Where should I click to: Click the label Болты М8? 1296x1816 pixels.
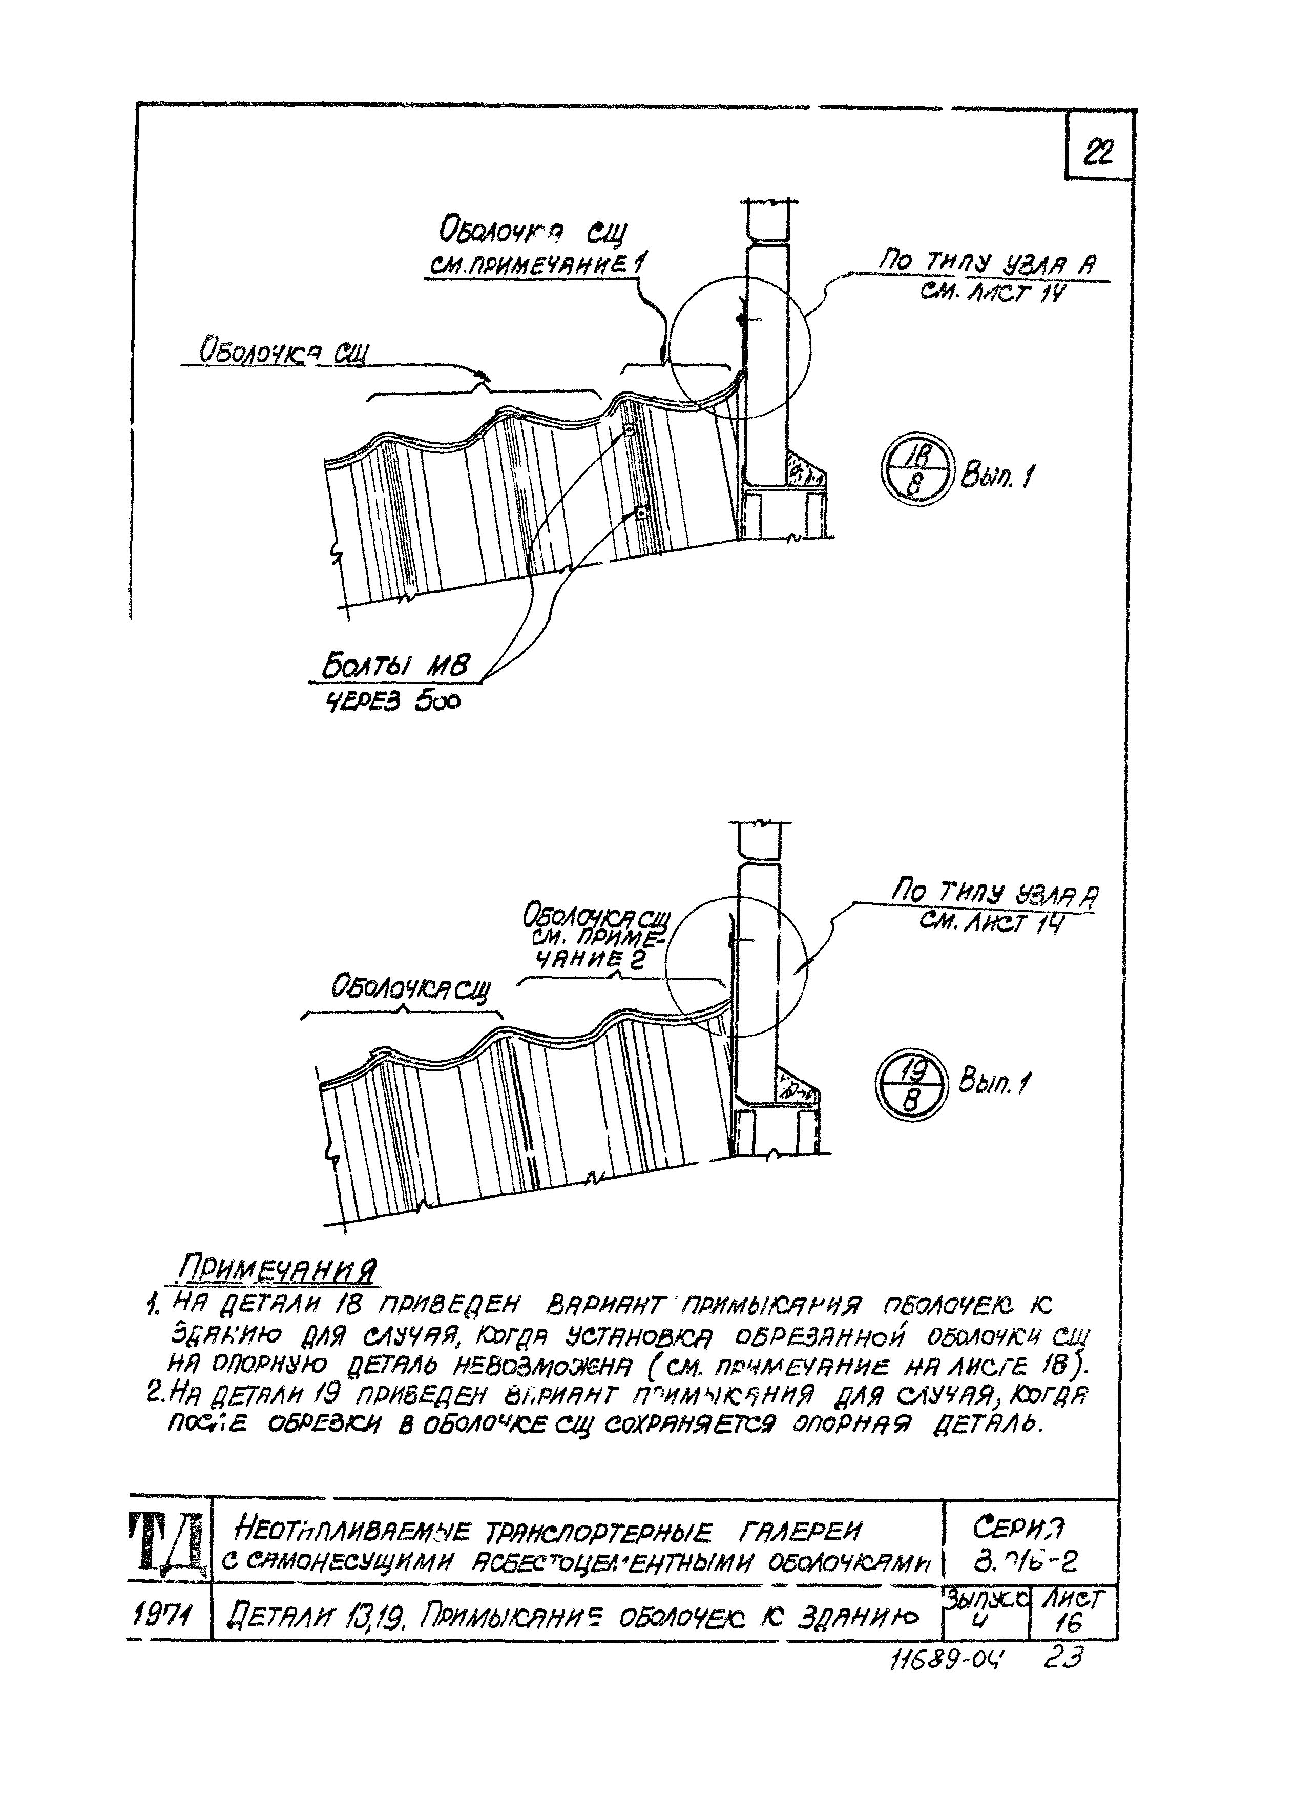[x=396, y=666]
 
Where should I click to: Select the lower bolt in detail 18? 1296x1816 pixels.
[x=640, y=513]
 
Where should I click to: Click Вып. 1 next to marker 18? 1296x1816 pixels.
[x=997, y=478]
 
